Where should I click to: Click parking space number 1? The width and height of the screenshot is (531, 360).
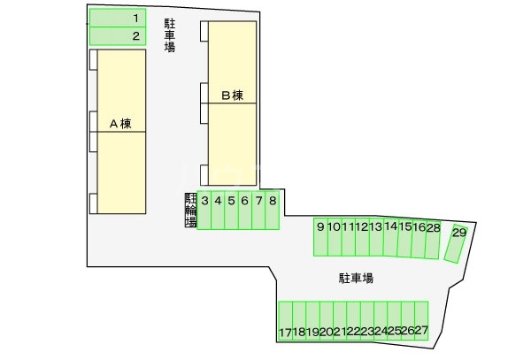[118, 18]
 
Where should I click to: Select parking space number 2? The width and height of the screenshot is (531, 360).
[118, 36]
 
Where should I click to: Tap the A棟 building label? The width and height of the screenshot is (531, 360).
[119, 124]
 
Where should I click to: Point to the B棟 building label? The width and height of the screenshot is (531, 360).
[232, 95]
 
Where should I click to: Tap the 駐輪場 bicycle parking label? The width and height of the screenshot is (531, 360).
[189, 211]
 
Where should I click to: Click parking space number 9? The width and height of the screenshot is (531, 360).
[320, 237]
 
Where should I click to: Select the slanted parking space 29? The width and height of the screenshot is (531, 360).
[455, 242]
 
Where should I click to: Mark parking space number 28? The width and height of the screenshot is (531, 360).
[433, 237]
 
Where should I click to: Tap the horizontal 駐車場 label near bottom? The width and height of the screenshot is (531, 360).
[356, 278]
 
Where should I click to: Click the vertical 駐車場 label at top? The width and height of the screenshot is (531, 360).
[169, 36]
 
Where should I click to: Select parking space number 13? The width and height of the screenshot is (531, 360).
[376, 237]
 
